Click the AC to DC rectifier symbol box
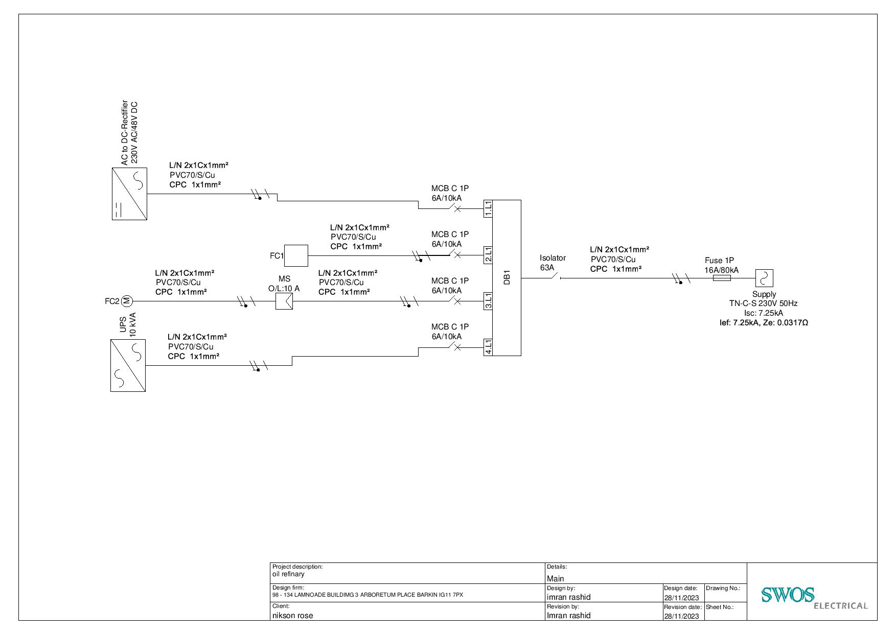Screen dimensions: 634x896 (x=129, y=194)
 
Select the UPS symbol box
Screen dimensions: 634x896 (x=128, y=365)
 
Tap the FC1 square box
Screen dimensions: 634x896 (x=296, y=255)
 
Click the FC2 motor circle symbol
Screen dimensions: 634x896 (x=127, y=301)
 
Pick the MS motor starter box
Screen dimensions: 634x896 (x=284, y=301)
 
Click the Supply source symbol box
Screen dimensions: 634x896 (x=764, y=278)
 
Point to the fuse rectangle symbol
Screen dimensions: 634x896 (x=722, y=278)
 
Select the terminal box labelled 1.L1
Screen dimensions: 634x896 (x=488, y=208)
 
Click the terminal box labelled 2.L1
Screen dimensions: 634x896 (x=488, y=254)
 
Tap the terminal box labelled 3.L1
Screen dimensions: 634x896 (x=488, y=301)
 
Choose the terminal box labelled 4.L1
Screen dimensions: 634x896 (x=488, y=347)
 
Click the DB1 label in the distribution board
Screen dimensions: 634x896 (x=507, y=278)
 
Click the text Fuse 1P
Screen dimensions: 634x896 (x=719, y=261)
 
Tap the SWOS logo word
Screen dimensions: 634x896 (x=787, y=595)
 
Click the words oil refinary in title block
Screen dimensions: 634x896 (x=288, y=574)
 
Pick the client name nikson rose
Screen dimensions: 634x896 (x=292, y=616)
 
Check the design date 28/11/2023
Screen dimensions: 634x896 (x=681, y=598)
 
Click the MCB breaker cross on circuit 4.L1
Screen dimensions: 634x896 (x=457, y=347)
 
